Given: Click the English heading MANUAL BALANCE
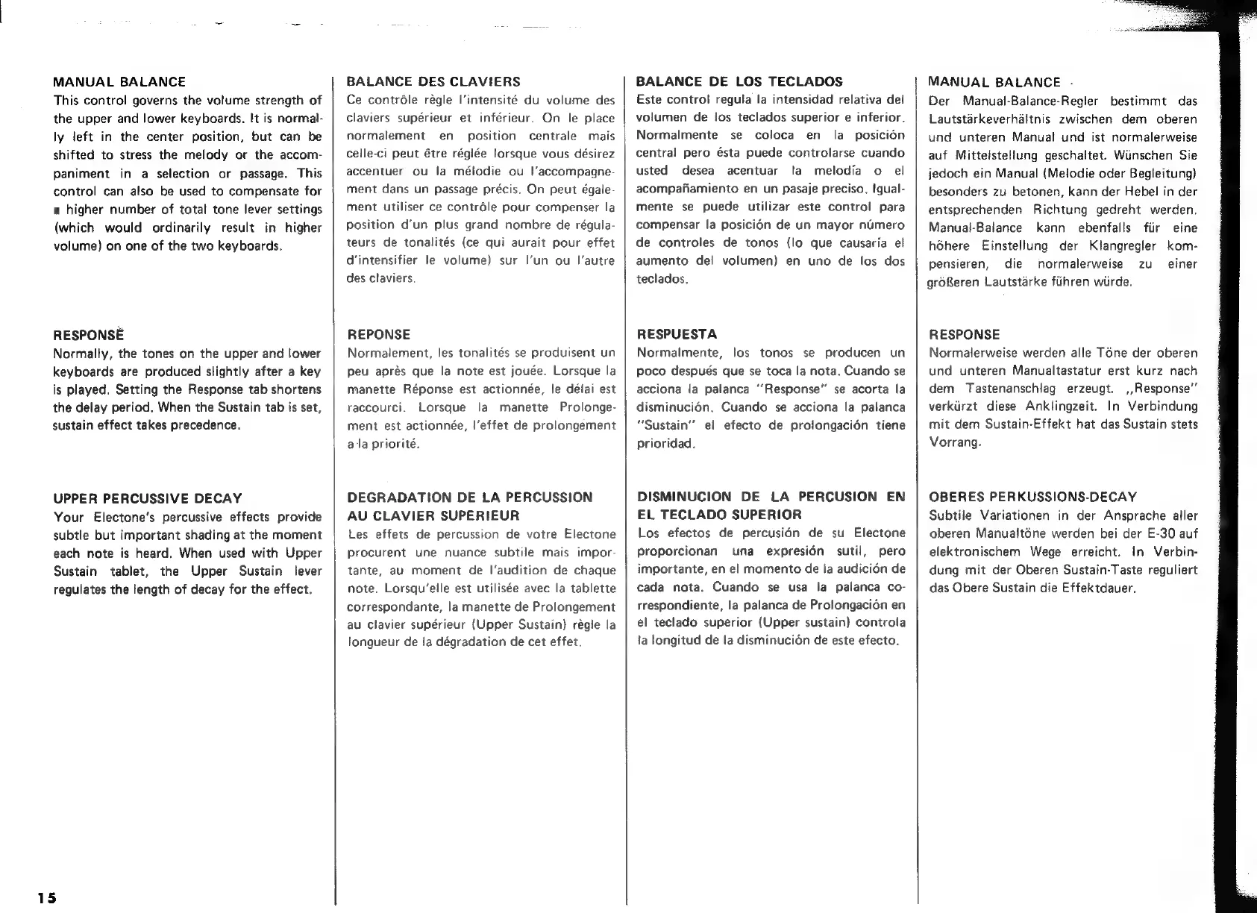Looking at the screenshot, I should (x=119, y=82).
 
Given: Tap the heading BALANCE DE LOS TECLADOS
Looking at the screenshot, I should (x=739, y=82).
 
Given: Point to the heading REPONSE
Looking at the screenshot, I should (x=379, y=335).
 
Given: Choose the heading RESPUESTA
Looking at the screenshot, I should (x=677, y=334).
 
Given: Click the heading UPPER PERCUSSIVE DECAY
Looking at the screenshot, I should (x=148, y=498).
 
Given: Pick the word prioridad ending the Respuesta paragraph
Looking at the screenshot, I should (x=665, y=444).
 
